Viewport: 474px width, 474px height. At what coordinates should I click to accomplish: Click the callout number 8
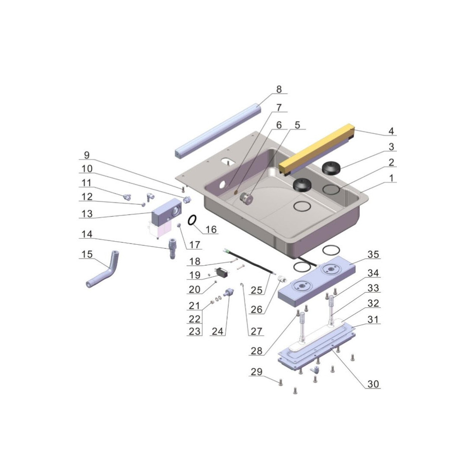tap(279, 89)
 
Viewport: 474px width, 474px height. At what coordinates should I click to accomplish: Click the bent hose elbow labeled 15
tap(103, 269)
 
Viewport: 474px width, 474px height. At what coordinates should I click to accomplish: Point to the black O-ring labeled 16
tap(192, 220)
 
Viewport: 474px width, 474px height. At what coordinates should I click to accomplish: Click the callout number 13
tap(87, 213)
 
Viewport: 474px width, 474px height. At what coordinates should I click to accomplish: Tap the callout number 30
tap(373, 384)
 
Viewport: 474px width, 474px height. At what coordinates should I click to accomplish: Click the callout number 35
tap(373, 254)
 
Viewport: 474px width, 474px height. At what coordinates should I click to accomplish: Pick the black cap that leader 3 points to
tap(331, 168)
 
